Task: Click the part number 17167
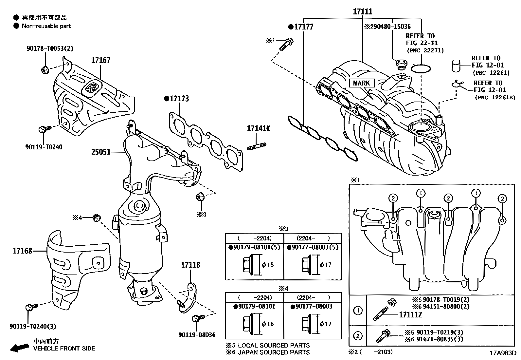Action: (100, 60)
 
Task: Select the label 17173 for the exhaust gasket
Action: (178, 99)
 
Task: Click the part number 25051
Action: (101, 152)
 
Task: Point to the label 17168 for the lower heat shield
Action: (23, 251)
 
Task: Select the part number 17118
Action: (190, 265)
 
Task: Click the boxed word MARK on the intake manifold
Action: (361, 83)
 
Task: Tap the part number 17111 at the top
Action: (363, 12)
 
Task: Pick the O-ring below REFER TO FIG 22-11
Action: (421, 68)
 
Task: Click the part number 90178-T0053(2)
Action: (50, 48)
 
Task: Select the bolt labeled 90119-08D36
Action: (197, 318)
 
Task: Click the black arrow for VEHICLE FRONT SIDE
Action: (19, 348)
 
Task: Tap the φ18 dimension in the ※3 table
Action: (268, 264)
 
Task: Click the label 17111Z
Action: (410, 315)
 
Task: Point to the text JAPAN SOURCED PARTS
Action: (274, 352)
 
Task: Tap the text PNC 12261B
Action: (494, 97)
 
